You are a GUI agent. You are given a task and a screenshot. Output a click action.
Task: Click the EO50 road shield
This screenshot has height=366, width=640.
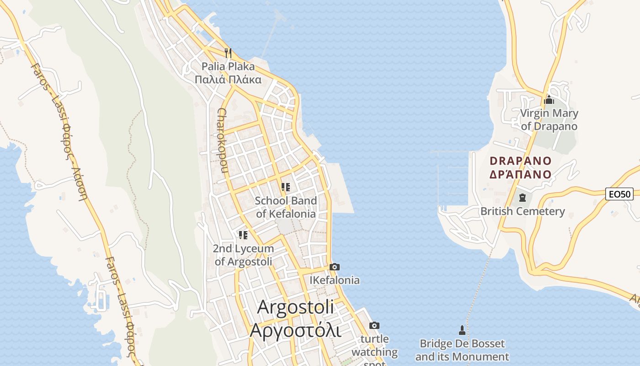(x=620, y=194)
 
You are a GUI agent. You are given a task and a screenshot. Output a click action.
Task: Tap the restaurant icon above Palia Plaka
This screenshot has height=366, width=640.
(x=228, y=53)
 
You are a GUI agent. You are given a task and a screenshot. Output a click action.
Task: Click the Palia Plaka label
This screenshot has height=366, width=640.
(x=228, y=73)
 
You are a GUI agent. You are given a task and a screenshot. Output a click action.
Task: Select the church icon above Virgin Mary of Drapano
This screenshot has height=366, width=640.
(x=549, y=100)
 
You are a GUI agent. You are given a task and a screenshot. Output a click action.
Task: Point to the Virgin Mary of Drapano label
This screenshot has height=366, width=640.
(x=549, y=119)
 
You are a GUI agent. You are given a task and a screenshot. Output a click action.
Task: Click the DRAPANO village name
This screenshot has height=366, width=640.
(x=521, y=167)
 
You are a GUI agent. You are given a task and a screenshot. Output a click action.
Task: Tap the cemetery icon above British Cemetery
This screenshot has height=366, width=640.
(x=523, y=198)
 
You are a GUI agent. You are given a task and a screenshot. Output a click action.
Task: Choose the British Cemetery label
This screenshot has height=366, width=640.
(x=523, y=211)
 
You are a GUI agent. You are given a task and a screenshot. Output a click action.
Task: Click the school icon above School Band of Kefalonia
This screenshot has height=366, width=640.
(x=286, y=187)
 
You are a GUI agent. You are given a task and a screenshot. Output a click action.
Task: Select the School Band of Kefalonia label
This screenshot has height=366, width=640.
(x=286, y=207)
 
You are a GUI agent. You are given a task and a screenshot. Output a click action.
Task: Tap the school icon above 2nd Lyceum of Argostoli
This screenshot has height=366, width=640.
(x=243, y=235)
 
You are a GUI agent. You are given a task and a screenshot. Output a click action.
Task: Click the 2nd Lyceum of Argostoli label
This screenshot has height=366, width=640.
(x=243, y=255)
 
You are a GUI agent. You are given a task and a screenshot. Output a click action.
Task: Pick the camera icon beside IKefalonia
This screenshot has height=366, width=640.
(x=335, y=267)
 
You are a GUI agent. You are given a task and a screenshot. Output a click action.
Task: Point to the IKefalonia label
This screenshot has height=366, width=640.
(x=335, y=280)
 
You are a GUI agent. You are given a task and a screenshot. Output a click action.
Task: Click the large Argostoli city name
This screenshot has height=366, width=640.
(x=295, y=318)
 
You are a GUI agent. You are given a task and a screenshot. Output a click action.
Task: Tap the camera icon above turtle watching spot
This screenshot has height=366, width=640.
(x=374, y=325)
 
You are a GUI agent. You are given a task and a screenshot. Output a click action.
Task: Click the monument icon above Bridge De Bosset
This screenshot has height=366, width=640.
(x=462, y=330)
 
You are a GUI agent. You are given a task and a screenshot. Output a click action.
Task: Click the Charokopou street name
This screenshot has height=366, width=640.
(x=222, y=140)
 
